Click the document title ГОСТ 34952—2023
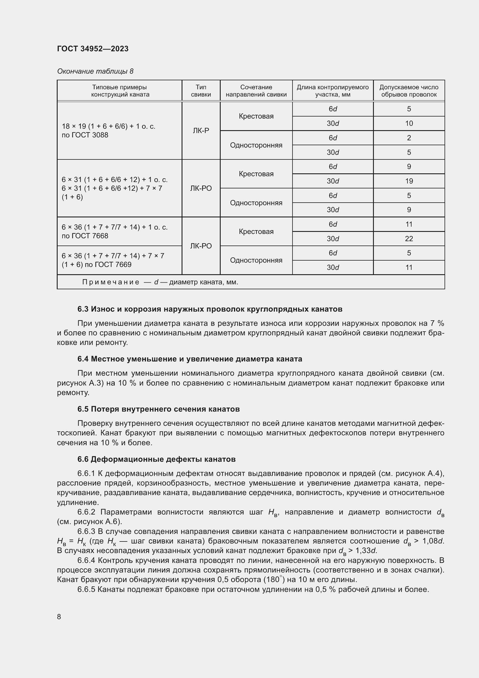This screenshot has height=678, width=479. pos(93,49)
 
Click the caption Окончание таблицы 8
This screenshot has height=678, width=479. pos(95,71)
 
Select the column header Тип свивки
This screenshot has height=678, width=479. pos(201,91)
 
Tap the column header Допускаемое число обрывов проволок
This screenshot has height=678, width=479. pos(409,91)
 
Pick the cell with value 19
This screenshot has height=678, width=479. pos(409,181)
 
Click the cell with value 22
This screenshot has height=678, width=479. pos(409,239)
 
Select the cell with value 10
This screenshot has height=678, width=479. pos(409,123)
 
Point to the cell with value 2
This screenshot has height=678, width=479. pos(409,138)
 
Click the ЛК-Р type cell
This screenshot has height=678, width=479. pos(201,130)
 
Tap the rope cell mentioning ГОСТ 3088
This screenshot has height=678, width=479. pos(108,130)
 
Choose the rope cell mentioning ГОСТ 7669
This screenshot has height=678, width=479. pos(113,260)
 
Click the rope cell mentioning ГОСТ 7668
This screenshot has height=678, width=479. pos(114,232)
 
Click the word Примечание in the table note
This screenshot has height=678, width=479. pos(111,282)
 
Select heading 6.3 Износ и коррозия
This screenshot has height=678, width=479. pos(209,309)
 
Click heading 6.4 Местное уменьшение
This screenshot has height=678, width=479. pos(189,359)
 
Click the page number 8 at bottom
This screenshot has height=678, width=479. pos(59,617)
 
